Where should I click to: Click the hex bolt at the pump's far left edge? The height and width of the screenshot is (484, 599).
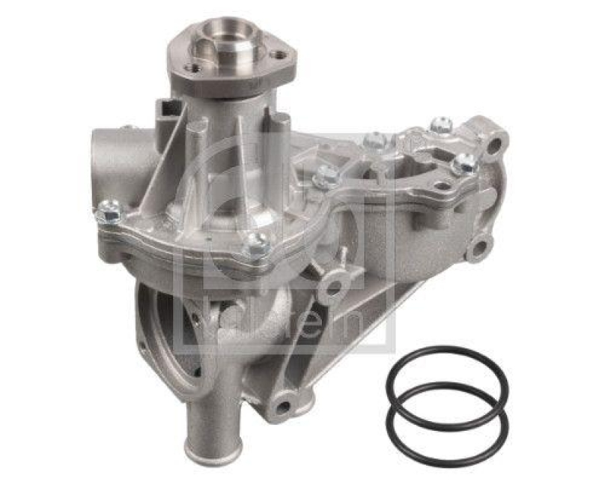point(108,214)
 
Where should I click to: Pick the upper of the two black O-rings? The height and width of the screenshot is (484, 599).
point(447,383)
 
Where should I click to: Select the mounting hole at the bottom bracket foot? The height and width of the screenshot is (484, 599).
point(284,407)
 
